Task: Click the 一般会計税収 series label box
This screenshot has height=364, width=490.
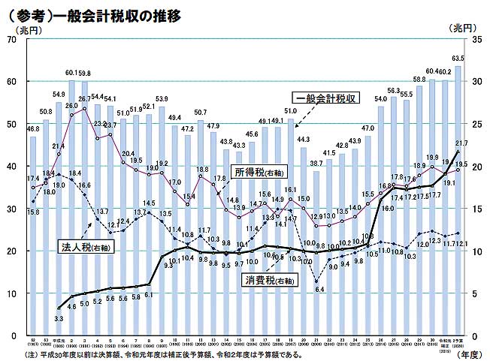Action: click(325, 98)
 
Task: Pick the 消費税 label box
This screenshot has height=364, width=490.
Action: click(268, 281)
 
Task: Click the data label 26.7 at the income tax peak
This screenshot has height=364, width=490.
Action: click(84, 98)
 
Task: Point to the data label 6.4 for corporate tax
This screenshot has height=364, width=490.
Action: click(319, 289)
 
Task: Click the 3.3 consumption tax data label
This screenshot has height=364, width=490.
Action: click(59, 319)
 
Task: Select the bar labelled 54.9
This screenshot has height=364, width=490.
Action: click(59, 218)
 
